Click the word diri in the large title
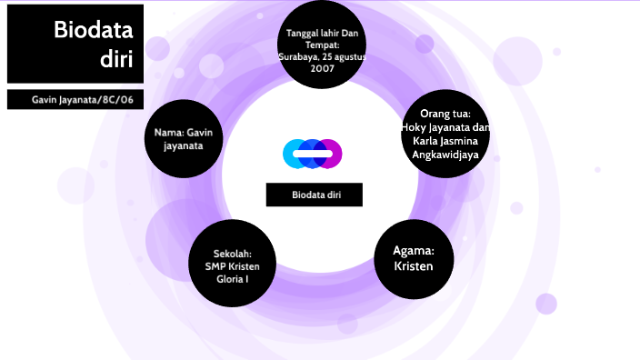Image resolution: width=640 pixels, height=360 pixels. coord(117,60)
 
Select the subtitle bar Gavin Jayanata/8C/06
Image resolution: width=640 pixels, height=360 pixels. coord(75,98)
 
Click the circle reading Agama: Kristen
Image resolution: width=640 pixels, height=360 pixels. coord(414,259)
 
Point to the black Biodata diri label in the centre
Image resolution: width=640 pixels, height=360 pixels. coord(315,195)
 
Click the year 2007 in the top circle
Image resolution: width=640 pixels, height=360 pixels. coord(322,69)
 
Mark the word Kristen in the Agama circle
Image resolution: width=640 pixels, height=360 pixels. coord(414,266)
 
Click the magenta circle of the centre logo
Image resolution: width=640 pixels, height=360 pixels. coord(330,154)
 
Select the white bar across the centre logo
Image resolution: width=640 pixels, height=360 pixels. coord(312,154)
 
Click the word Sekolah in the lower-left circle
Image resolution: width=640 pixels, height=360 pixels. coord(232,254)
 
